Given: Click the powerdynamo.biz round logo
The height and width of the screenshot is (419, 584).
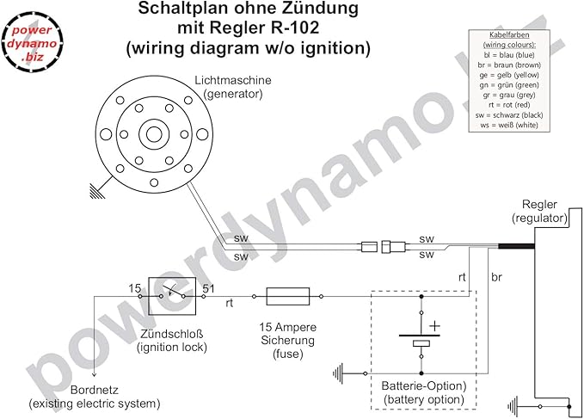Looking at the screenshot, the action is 32,41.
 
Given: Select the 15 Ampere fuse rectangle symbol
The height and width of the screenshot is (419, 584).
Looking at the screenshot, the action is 288,297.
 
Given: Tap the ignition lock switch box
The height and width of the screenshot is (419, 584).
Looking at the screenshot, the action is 172,296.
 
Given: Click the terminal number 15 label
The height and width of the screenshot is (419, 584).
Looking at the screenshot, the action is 135,288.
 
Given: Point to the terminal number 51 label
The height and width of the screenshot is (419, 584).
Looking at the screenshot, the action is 208,288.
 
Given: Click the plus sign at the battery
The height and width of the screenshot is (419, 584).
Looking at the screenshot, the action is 434,326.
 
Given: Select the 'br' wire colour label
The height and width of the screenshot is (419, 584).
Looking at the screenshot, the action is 496,277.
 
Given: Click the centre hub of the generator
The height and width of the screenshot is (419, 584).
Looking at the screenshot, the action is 154,134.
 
